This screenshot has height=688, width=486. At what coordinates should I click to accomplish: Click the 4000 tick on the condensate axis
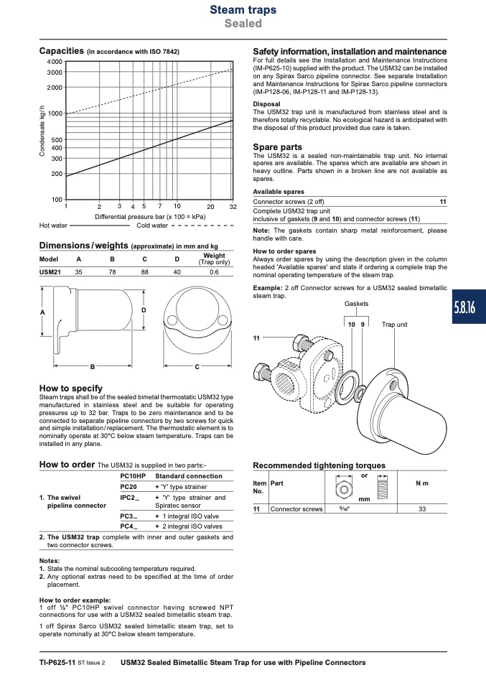(55, 62)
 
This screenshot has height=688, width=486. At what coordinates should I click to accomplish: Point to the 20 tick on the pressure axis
(210, 207)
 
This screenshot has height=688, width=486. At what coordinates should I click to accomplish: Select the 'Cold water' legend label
(152, 226)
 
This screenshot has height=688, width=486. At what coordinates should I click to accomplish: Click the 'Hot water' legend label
(53, 226)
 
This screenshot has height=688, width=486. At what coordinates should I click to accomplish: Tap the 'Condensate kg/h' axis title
(42, 131)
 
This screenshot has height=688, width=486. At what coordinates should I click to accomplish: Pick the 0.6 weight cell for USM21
(214, 272)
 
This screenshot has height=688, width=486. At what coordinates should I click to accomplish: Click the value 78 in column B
(112, 272)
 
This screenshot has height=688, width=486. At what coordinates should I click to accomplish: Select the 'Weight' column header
(214, 256)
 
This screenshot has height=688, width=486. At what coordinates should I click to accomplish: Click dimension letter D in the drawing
(144, 310)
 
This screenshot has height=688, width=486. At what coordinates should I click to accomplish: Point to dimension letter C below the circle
(197, 367)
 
